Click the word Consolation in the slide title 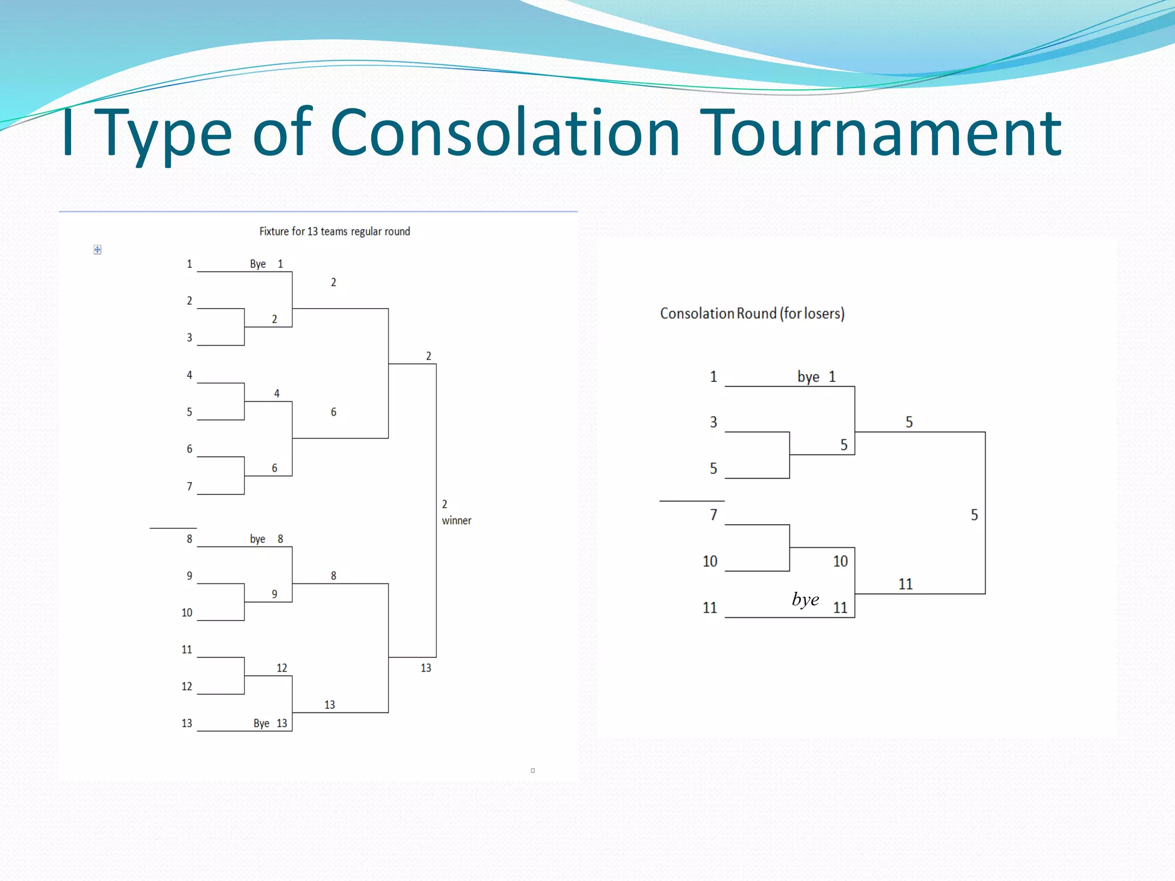(x=505, y=133)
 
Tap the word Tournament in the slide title (x=880, y=133)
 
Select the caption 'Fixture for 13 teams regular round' (x=334, y=231)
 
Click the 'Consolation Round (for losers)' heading (x=752, y=313)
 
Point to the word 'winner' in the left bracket (x=456, y=520)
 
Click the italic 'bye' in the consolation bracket (x=805, y=599)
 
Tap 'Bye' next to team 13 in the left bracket (x=261, y=723)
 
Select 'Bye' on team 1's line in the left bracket (x=258, y=264)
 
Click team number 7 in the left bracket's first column (x=189, y=486)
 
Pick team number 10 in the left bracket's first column (x=187, y=613)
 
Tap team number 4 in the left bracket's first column (x=189, y=375)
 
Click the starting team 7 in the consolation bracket (x=713, y=514)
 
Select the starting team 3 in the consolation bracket (x=713, y=422)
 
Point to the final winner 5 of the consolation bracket (x=974, y=514)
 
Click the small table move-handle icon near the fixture (x=98, y=250)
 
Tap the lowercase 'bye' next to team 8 (x=258, y=539)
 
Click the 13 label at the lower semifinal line (x=426, y=668)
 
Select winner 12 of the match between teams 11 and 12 (x=282, y=668)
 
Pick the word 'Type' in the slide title (x=166, y=133)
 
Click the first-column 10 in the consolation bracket (x=710, y=561)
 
